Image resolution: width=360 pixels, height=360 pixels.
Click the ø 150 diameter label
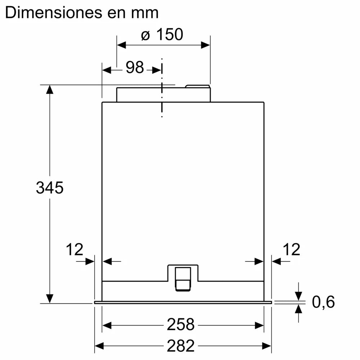tap(162, 35)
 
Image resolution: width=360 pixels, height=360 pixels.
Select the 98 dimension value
tap(135, 67)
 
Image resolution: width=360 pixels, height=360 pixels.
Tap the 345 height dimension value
tap(50, 188)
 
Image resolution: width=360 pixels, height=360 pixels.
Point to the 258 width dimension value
tap(180, 325)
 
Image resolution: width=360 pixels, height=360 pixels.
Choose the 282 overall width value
tap(180, 346)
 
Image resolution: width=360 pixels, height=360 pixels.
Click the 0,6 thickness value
tap(323, 302)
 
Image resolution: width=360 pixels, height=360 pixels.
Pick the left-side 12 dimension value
tap(74, 249)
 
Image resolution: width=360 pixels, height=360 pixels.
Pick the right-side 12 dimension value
tap(291, 249)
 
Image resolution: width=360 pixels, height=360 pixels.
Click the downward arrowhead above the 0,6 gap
tap(298, 295)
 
